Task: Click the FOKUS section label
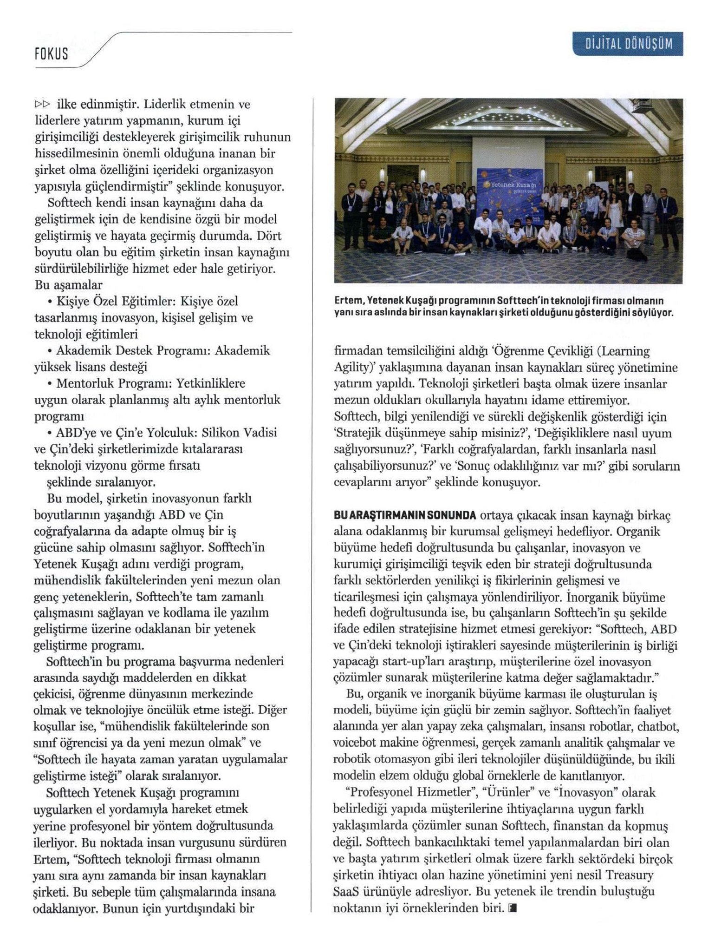(52, 54)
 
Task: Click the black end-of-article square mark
(512, 908)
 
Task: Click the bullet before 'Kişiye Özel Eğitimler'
(49, 302)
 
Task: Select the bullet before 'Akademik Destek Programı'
(49, 351)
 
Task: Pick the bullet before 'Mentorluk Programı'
(49, 384)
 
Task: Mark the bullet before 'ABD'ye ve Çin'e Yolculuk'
(49, 433)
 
